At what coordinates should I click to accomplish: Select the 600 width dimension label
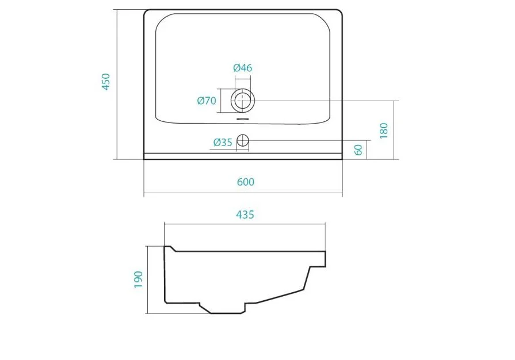point(245,182)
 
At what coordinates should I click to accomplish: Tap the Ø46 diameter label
point(243,68)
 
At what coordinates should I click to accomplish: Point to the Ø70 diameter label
point(206,101)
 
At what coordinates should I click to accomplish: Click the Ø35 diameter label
point(222,142)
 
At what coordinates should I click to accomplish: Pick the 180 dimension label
point(384,130)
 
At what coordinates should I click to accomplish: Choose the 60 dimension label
point(358,150)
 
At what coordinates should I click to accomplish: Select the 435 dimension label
point(245,215)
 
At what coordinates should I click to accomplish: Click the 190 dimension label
point(138,279)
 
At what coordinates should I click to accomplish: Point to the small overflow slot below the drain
point(243,119)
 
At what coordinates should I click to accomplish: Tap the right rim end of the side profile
point(325,259)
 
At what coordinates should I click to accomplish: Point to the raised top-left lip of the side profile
point(170,248)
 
